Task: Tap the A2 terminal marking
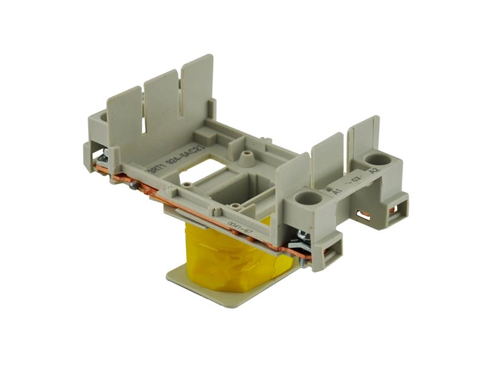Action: click(x=373, y=171)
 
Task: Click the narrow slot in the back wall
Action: click(x=144, y=116)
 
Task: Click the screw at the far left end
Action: click(x=103, y=157)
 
